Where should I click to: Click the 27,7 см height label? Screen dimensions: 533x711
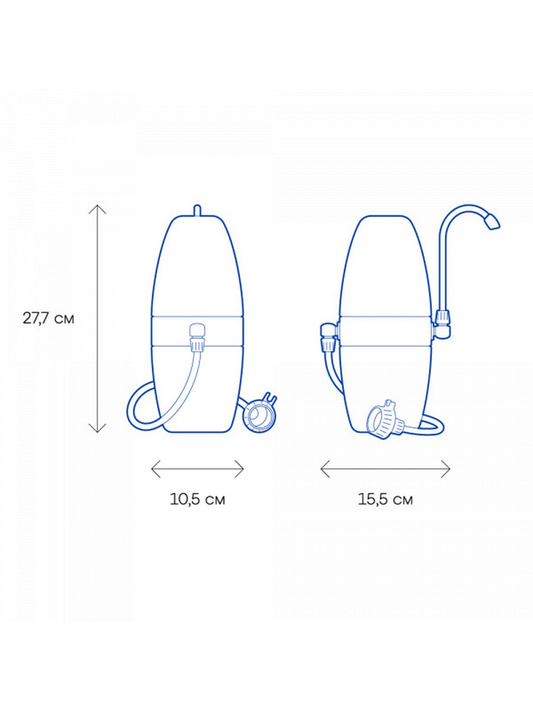click(48, 319)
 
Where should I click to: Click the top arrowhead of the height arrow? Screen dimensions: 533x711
click(97, 209)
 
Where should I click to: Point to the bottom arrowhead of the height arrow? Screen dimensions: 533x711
click(97, 428)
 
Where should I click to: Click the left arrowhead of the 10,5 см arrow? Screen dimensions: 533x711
click(156, 469)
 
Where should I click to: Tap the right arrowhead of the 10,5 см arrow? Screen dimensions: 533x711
click(239, 469)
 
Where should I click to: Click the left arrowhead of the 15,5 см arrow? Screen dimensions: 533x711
click(325, 469)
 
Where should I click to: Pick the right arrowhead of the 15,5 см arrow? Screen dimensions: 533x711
click(445, 469)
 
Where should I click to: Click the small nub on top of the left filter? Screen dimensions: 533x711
click(197, 210)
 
